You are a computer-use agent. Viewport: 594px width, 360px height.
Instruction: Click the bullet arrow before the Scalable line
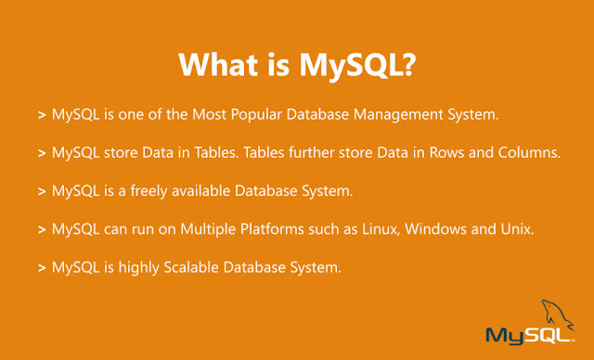pos(43,268)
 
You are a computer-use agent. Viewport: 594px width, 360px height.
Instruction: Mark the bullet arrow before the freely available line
pos(43,191)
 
